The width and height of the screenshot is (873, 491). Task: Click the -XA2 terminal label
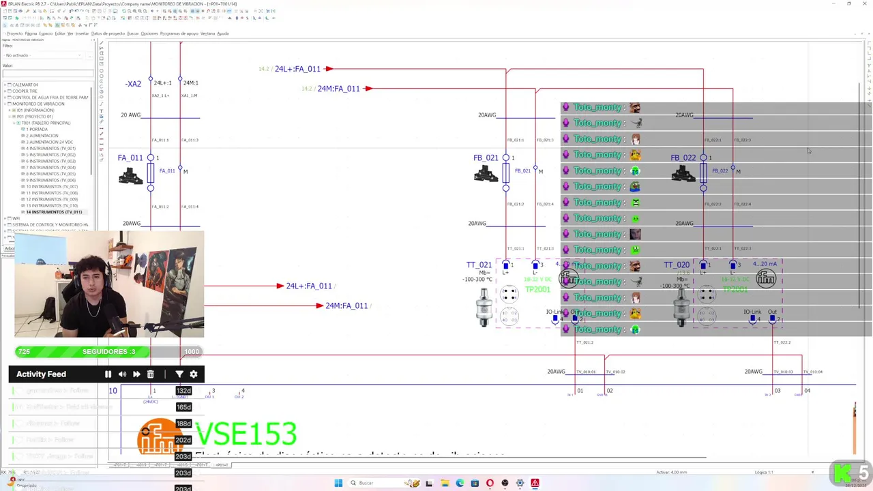tap(133, 84)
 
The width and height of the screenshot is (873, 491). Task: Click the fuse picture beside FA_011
tap(130, 176)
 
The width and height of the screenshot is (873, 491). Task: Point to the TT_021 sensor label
tap(479, 265)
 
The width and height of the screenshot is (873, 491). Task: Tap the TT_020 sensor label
tap(677, 265)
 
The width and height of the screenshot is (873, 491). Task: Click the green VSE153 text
tap(246, 434)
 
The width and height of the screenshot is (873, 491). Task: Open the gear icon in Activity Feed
tap(194, 374)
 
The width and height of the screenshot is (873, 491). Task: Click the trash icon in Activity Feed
tap(150, 374)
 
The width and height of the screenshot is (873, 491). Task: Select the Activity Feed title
tap(41, 374)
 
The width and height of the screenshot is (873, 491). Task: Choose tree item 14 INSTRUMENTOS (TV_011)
tap(54, 212)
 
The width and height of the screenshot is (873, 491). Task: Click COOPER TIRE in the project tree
tap(25, 91)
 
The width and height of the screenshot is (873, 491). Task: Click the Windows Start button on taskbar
tap(338, 483)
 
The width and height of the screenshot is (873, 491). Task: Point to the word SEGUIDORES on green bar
tap(108, 351)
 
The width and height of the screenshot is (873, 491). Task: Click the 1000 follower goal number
tap(192, 351)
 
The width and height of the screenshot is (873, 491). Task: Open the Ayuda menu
tap(222, 33)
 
